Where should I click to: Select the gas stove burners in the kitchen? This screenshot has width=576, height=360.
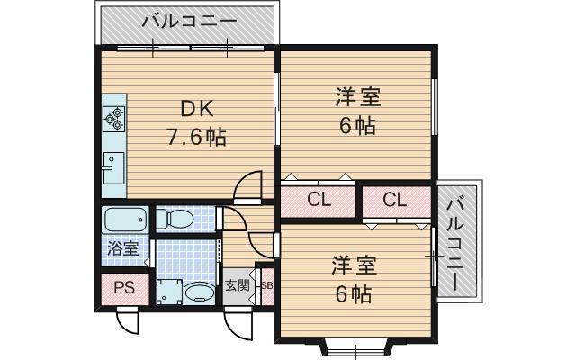click(115, 116)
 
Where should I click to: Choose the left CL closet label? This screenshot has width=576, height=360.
click(318, 200)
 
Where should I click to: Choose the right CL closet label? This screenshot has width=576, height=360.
click(395, 200)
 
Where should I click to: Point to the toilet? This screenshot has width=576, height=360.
click(175, 219)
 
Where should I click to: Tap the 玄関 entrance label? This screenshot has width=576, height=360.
click(236, 286)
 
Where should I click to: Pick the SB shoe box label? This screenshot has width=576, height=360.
click(266, 286)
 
